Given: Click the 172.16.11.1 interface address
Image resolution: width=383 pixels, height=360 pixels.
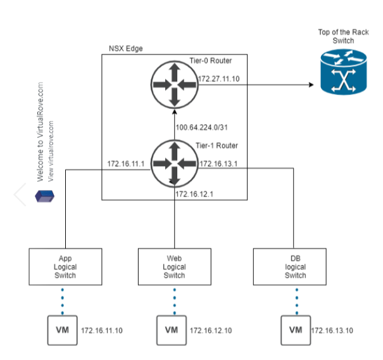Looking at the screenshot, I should coord(125,164).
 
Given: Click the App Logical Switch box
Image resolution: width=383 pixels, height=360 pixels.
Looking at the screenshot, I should coord(65,266).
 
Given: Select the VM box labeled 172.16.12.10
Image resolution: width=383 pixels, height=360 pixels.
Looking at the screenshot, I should coord(172,330).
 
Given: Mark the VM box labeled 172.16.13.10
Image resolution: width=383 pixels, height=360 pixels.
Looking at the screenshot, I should coord(295,330).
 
